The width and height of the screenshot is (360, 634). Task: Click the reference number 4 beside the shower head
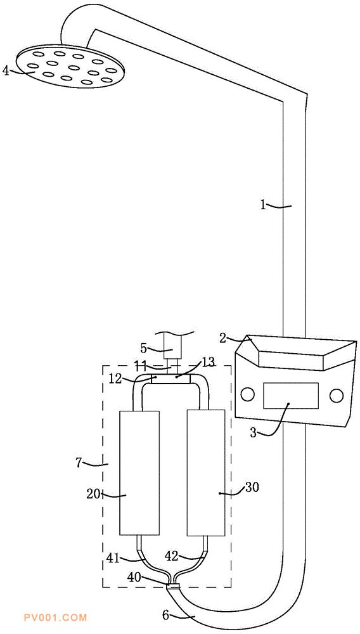pyautogui.click(x=5, y=72)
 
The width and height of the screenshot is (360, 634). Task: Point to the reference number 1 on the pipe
pyautogui.click(x=263, y=205)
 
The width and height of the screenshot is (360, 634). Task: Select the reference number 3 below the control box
pyautogui.click(x=253, y=433)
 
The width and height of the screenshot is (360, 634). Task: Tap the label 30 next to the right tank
pyautogui.click(x=252, y=487)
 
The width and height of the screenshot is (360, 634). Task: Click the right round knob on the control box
pyautogui.click(x=336, y=396)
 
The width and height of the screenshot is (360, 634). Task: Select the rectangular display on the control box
pyautogui.click(x=290, y=396)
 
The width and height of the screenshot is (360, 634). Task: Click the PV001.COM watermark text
pyautogui.click(x=56, y=618)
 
